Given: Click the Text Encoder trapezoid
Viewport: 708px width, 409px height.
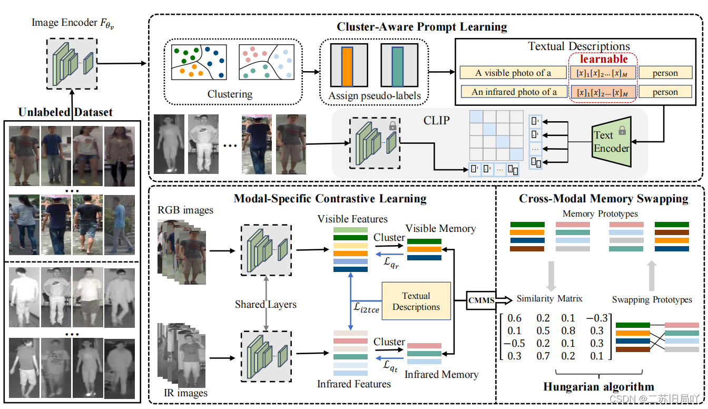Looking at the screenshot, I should coord(611,141).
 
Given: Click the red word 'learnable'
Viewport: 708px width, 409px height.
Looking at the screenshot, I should coord(604,60).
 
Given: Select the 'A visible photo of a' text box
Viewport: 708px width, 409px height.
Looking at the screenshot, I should coord(513,73).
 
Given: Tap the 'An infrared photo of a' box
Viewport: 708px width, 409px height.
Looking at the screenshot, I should coord(514,92).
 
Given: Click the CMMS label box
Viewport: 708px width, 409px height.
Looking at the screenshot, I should coord(481,300).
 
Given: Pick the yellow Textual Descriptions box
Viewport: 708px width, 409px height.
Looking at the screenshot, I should coord(416,301).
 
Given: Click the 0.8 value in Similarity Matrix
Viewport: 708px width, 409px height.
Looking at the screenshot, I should coord(568,331).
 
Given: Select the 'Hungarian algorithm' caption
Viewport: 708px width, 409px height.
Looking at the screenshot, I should coord(598,387).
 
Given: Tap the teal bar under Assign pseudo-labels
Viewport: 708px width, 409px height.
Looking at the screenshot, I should coord(397,66).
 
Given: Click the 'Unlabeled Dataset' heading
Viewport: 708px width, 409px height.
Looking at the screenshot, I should coord(65,112).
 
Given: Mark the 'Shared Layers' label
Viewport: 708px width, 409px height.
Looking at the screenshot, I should coord(265,305).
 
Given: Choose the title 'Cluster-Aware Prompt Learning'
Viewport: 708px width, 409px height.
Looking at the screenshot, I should coord(422,26).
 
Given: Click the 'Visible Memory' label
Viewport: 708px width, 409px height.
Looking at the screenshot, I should coord(440,228).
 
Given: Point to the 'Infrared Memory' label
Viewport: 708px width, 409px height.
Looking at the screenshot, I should coord(441,375).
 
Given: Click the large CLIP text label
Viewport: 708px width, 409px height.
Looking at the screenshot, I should coord(437,120).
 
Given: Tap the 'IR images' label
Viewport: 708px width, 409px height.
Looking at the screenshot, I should coord(182,393).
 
